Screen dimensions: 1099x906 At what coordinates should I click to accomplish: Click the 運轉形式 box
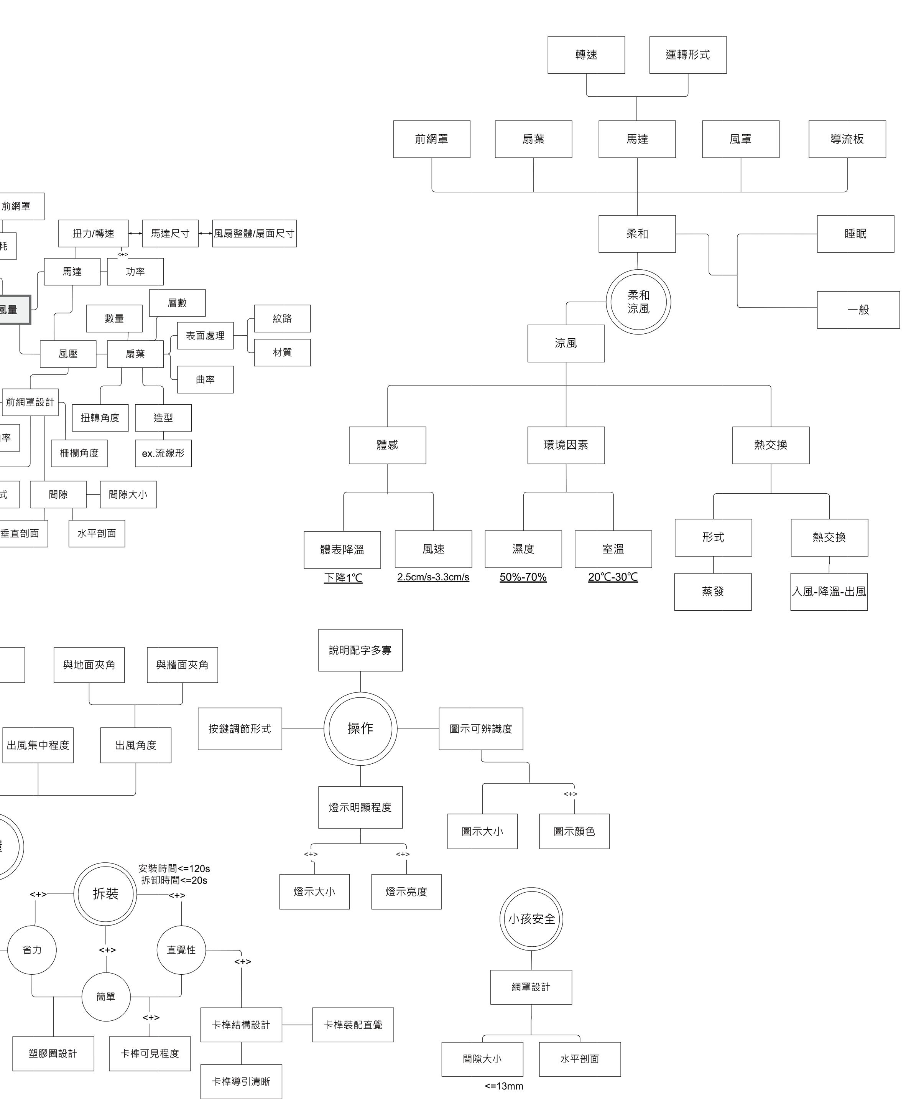pyautogui.click(x=687, y=55)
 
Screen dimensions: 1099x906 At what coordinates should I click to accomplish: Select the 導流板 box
pyautogui.click(x=847, y=139)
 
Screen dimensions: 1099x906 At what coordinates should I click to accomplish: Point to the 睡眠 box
pyautogui.click(x=855, y=234)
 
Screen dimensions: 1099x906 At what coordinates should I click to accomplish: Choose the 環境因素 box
pyautogui.click(x=566, y=445)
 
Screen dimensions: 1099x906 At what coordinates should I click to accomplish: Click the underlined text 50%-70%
pyautogui.click(x=523, y=577)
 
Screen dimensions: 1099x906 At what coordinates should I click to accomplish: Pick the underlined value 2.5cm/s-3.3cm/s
pyautogui.click(x=433, y=577)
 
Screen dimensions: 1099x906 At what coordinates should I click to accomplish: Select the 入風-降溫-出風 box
pyautogui.click(x=829, y=592)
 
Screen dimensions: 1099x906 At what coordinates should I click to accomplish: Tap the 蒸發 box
pyautogui.click(x=712, y=592)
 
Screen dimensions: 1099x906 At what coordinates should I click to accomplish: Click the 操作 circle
pyautogui.click(x=360, y=728)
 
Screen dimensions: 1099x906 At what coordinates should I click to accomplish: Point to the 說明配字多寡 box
pyautogui.click(x=360, y=650)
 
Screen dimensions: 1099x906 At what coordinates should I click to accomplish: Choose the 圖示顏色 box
pyautogui.click(x=574, y=831)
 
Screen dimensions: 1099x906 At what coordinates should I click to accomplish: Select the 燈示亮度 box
pyautogui.click(x=406, y=892)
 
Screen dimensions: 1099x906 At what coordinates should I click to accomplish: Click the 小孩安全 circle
pyautogui.click(x=531, y=919)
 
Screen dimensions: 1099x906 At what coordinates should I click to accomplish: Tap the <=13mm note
pyautogui.click(x=504, y=1086)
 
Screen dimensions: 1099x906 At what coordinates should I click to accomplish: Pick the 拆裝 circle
pyautogui.click(x=105, y=894)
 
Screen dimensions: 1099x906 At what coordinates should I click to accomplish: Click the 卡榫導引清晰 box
pyautogui.click(x=241, y=1081)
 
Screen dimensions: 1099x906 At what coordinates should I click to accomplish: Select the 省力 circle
pyautogui.click(x=32, y=950)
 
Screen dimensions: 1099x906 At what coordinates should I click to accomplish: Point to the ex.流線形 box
pyautogui.click(x=163, y=453)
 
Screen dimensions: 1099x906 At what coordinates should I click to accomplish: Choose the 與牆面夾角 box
pyautogui.click(x=182, y=665)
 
